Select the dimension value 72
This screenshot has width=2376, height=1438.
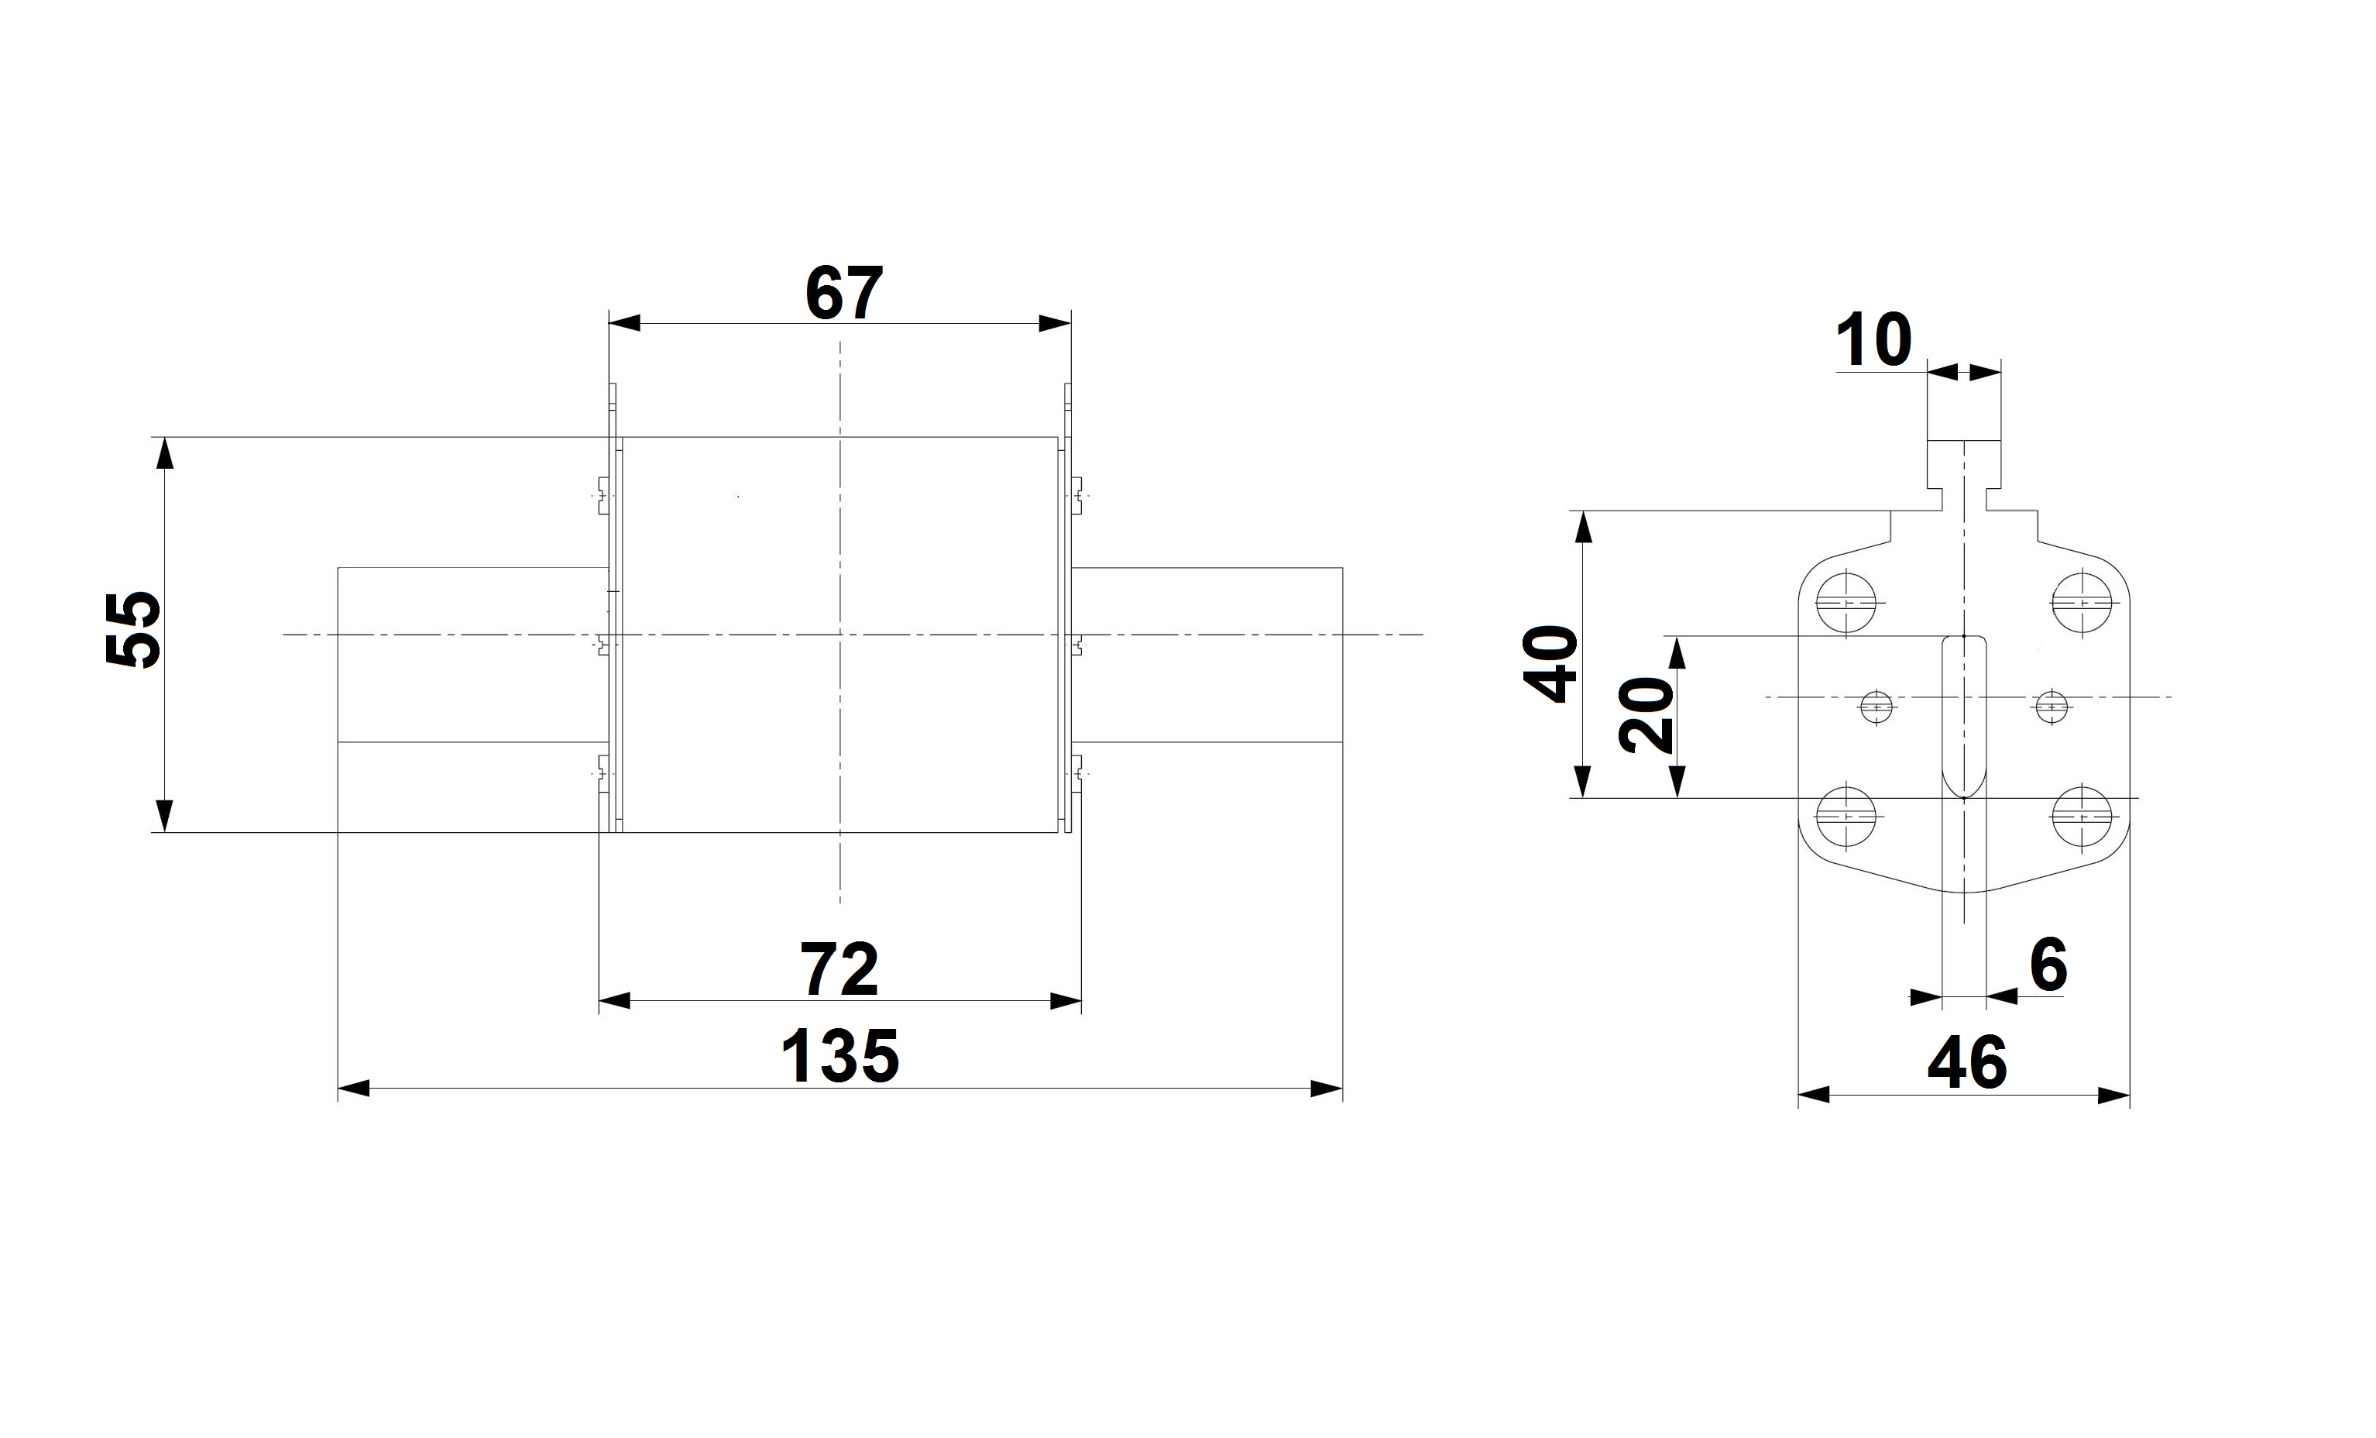840,969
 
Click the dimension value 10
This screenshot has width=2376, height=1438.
1873,339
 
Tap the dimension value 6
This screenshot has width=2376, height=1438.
2049,965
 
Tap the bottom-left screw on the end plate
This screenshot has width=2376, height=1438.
1846,817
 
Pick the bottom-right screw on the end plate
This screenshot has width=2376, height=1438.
2082,817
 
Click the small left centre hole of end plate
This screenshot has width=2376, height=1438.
1876,707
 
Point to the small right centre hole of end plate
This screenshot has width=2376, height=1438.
2052,707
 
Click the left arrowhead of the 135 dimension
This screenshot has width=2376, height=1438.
353,1089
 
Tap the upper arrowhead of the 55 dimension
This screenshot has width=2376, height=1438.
165,453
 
